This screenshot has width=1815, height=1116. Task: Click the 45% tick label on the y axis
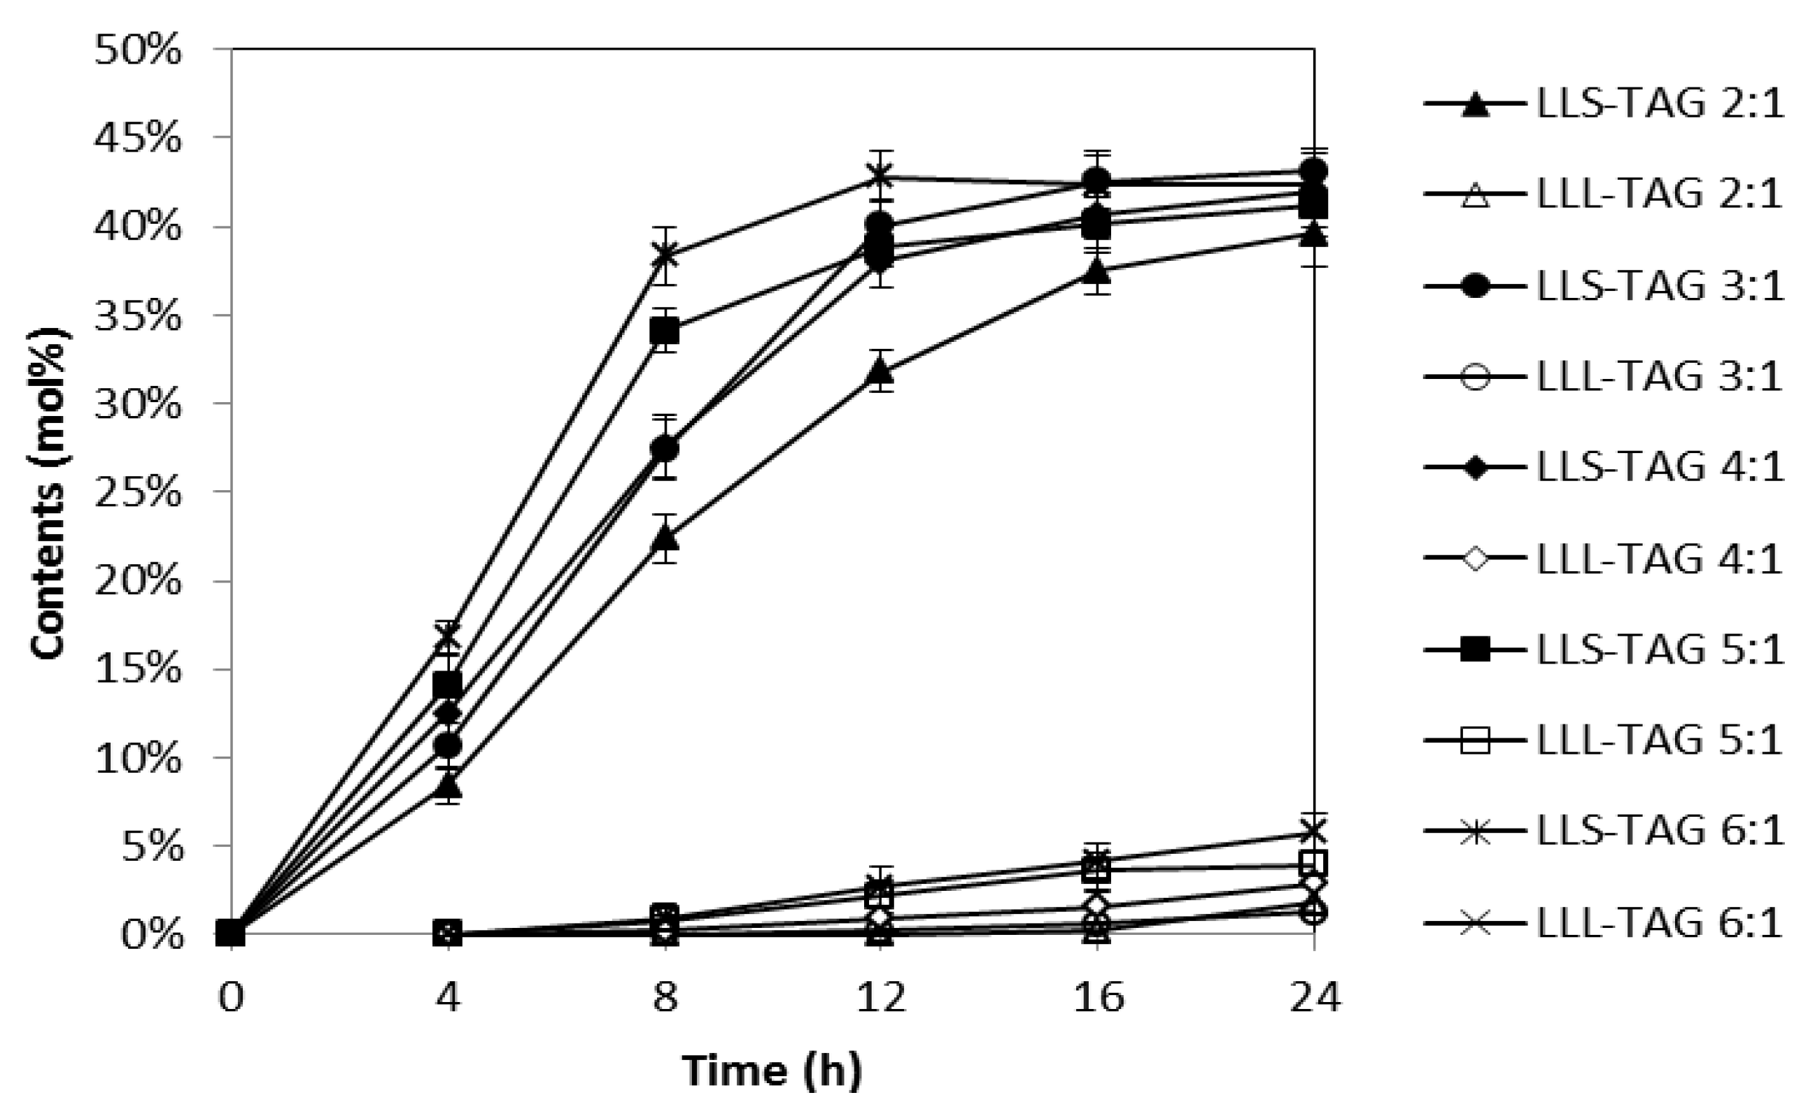[137, 138]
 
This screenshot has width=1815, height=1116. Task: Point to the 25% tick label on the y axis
[137, 492]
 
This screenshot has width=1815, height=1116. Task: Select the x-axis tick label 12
[880, 999]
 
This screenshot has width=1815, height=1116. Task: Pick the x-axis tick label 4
[448, 999]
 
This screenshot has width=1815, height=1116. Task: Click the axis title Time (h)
[772, 1071]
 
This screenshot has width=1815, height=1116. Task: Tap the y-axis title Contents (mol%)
[50, 493]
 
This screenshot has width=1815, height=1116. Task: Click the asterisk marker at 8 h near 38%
[665, 255]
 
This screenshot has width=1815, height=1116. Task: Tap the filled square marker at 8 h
[665, 332]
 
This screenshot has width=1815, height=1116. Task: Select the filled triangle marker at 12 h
[880, 371]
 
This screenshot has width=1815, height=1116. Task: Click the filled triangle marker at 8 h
[665, 537]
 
